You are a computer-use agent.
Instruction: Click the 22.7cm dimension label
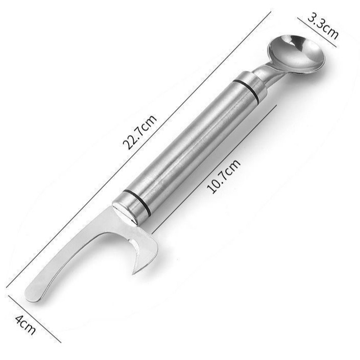pos(140,132)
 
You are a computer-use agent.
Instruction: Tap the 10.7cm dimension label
pos(224,176)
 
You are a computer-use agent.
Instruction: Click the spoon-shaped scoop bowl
pos(296,55)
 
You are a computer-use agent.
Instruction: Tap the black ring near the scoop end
pos(246,90)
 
